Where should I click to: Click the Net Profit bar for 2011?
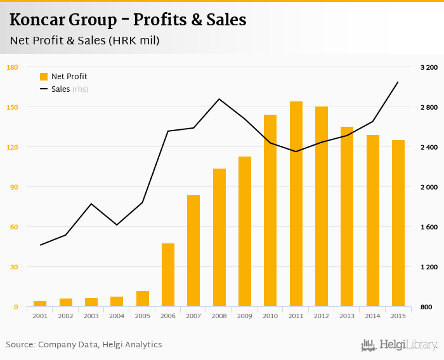click(x=296, y=204)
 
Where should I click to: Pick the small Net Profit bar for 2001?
click(x=40, y=304)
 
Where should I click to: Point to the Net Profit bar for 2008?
click(x=219, y=238)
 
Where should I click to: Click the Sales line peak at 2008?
click(x=219, y=99)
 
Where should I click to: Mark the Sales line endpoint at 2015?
click(x=398, y=82)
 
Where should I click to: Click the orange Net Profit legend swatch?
click(x=44, y=77)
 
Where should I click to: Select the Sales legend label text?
click(x=60, y=89)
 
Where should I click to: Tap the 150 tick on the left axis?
click(x=13, y=107)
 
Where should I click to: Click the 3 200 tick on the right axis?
click(x=429, y=67)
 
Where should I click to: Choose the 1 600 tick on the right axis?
click(x=429, y=227)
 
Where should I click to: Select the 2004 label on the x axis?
click(x=117, y=316)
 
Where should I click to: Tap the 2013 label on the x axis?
click(x=347, y=316)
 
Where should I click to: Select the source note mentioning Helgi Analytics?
click(x=84, y=345)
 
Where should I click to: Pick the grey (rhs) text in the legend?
click(x=81, y=89)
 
